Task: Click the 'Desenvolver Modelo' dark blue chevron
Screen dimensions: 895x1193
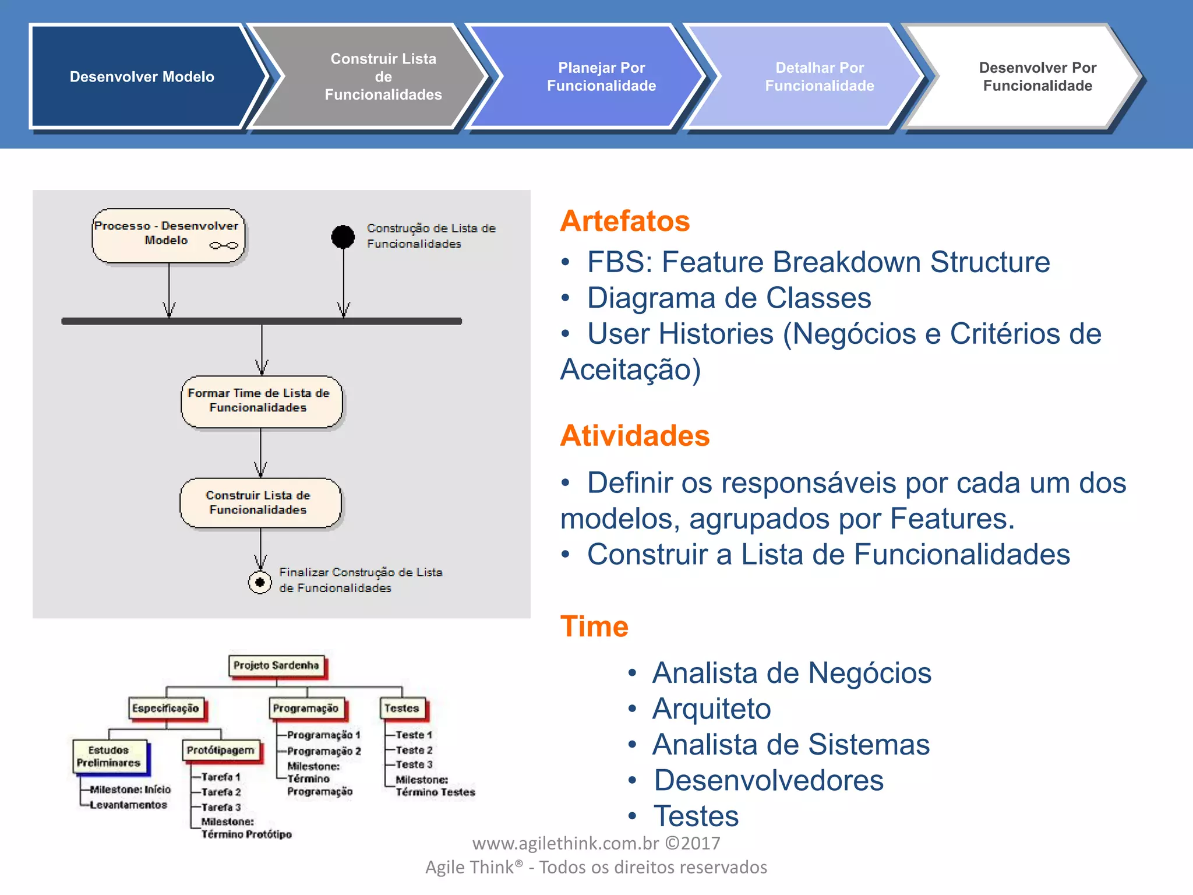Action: click(142, 76)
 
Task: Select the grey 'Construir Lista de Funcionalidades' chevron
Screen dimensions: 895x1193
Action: click(383, 76)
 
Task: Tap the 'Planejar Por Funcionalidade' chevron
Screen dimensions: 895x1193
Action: click(601, 76)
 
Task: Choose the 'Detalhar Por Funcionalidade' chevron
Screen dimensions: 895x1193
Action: click(819, 76)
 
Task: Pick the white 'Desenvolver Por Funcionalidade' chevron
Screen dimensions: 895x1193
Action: click(1037, 76)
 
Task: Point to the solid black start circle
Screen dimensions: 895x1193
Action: click(343, 237)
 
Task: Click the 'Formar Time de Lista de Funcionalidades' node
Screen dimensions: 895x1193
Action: click(261, 401)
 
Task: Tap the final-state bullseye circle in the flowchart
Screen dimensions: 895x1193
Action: click(260, 582)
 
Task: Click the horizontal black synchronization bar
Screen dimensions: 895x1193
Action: click(262, 321)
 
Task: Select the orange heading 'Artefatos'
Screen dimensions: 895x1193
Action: click(625, 221)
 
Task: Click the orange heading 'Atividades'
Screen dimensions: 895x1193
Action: click(635, 436)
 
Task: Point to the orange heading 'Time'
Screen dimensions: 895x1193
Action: click(594, 627)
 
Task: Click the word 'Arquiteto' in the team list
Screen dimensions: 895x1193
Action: click(711, 709)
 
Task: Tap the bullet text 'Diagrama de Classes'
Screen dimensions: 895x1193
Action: click(729, 298)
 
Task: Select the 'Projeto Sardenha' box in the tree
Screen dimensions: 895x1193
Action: click(276, 666)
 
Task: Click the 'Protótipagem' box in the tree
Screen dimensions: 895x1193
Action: click(221, 750)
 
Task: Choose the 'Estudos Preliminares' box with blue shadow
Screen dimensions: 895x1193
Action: click(109, 756)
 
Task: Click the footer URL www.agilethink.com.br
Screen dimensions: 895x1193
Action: click(565, 843)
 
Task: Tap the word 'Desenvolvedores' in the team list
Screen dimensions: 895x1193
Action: click(768, 781)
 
